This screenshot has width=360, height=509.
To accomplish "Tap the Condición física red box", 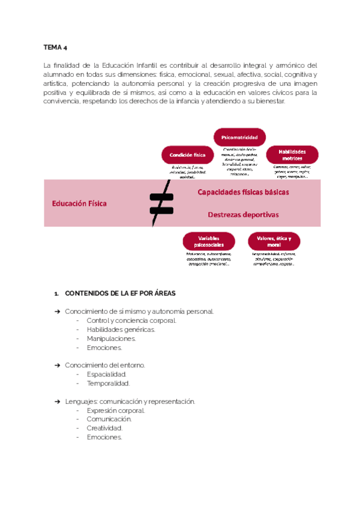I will coord(188,154).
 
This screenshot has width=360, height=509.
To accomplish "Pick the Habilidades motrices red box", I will coord(292,154).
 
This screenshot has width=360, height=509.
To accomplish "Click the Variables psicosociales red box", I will coord(208,241).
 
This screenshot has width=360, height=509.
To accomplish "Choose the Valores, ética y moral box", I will coord(274,241).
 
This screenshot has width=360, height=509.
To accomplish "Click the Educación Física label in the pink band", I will coord(79,203).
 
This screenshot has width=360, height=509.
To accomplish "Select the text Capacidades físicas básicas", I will coord(244,193).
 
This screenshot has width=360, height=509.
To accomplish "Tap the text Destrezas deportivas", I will coord(243,214).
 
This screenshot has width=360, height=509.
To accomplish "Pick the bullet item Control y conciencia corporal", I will coord(131,321).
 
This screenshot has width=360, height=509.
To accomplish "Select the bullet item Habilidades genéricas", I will coord(121,330).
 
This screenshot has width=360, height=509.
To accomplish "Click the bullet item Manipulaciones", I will coord(111,339).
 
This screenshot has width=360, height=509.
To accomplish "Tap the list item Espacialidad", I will coord(106,374).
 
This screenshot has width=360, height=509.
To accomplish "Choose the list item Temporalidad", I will coord(108,383).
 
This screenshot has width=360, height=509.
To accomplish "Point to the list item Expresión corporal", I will coord(116,411).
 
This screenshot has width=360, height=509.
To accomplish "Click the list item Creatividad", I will coord(104,429).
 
